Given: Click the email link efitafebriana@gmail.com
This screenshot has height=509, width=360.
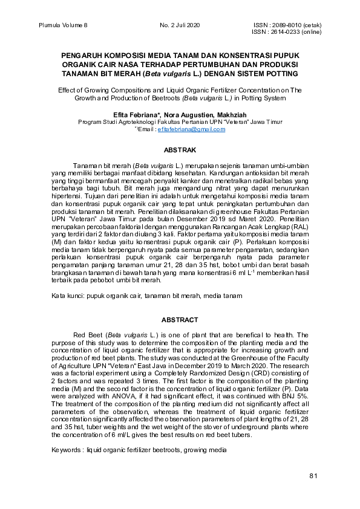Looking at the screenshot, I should [191, 129].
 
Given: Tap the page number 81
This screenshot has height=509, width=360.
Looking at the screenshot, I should [313, 476].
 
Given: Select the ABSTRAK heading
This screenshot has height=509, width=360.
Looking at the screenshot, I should [180, 149].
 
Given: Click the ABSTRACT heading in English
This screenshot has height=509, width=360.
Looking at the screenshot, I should [180, 319].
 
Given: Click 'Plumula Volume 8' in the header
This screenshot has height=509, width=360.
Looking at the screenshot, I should [63, 25].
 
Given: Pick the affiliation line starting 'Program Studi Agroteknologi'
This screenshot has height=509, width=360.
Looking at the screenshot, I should [180, 122].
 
